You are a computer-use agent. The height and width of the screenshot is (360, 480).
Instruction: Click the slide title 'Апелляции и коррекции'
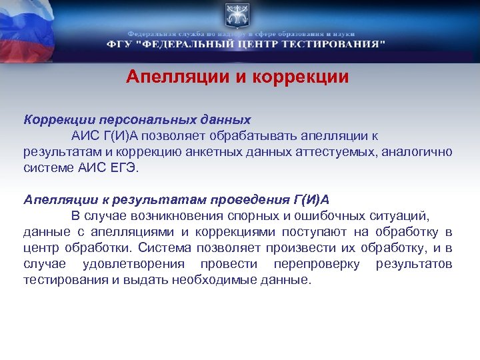click(x=237, y=77)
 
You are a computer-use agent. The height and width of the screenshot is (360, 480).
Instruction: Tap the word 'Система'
click(x=166, y=248)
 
